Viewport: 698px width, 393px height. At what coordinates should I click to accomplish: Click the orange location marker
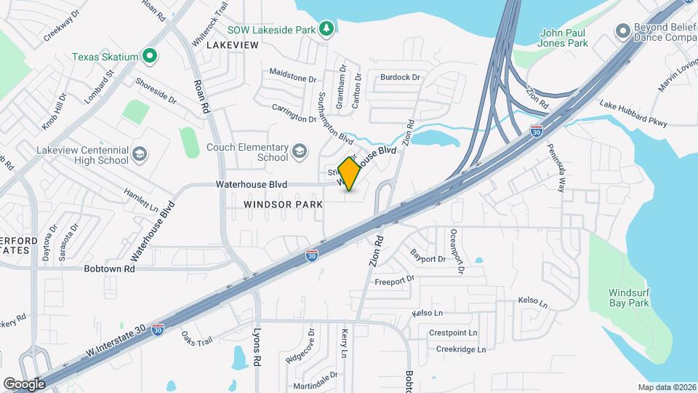click(x=350, y=175)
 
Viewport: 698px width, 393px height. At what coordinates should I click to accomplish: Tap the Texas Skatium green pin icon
click(x=150, y=55)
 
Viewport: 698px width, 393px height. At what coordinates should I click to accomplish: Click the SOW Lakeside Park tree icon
click(x=328, y=29)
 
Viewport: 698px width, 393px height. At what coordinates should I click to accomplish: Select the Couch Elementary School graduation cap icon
click(x=298, y=151)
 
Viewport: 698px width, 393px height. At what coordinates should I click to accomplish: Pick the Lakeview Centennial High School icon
click(x=139, y=154)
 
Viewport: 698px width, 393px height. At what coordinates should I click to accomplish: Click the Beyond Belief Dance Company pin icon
click(x=622, y=31)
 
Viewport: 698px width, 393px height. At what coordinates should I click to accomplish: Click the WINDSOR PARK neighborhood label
click(x=284, y=205)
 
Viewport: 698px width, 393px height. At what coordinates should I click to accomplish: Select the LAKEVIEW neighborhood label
click(x=233, y=45)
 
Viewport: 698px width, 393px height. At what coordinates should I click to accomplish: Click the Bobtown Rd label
click(x=110, y=269)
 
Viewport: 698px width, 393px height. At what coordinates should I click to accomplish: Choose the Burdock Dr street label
click(x=401, y=77)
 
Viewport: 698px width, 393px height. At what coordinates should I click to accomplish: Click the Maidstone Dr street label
click(x=293, y=75)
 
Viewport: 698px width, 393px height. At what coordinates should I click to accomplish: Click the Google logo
click(x=24, y=384)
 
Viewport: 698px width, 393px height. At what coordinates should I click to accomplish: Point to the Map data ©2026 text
click(x=666, y=387)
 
